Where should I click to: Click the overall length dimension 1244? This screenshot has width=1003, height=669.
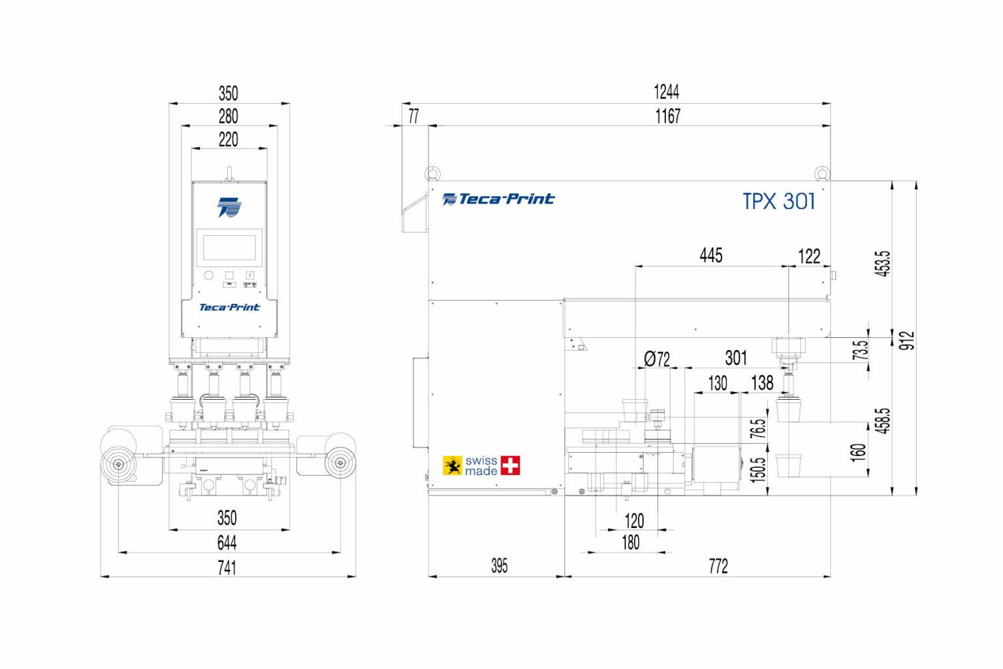pyautogui.click(x=666, y=92)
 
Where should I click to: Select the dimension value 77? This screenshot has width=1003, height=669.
pyautogui.click(x=413, y=116)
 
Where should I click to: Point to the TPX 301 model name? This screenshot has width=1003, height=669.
pyautogui.click(x=779, y=201)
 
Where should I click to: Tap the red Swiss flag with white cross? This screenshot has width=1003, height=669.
pyautogui.click(x=510, y=465)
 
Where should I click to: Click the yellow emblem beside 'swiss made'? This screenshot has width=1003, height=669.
pyautogui.click(x=453, y=465)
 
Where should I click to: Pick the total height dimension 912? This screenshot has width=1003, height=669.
pyautogui.click(x=907, y=340)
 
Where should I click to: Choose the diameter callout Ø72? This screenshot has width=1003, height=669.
pyautogui.click(x=656, y=359)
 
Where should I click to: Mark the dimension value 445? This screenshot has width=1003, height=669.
pyautogui.click(x=710, y=255)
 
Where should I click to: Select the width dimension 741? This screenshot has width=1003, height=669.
pyautogui.click(x=227, y=567)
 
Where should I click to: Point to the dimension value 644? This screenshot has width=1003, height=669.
pyautogui.click(x=227, y=543)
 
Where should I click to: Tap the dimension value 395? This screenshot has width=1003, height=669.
pyautogui.click(x=499, y=566)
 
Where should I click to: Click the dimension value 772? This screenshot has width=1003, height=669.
pyautogui.click(x=718, y=566)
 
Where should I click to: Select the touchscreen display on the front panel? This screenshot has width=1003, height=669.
pyautogui.click(x=229, y=248)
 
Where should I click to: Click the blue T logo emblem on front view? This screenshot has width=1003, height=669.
pyautogui.click(x=229, y=206)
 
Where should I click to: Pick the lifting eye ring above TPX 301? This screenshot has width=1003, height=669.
pyautogui.click(x=821, y=173)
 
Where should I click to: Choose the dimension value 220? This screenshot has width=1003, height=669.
pyautogui.click(x=228, y=140)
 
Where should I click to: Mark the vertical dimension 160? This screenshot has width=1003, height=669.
pyautogui.click(x=859, y=451)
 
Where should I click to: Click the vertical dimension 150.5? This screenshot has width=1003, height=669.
pyautogui.click(x=757, y=468)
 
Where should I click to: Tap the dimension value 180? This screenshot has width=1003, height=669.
pyautogui.click(x=630, y=542)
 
